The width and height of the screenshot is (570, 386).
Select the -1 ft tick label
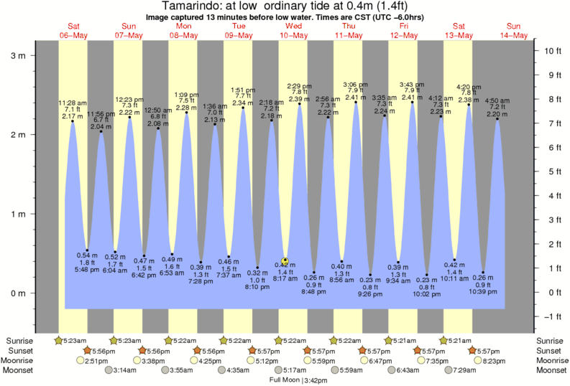coord(551,316)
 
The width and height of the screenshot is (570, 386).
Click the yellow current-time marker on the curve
coord(285,261)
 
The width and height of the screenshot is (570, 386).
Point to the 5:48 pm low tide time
coord(87,269)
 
